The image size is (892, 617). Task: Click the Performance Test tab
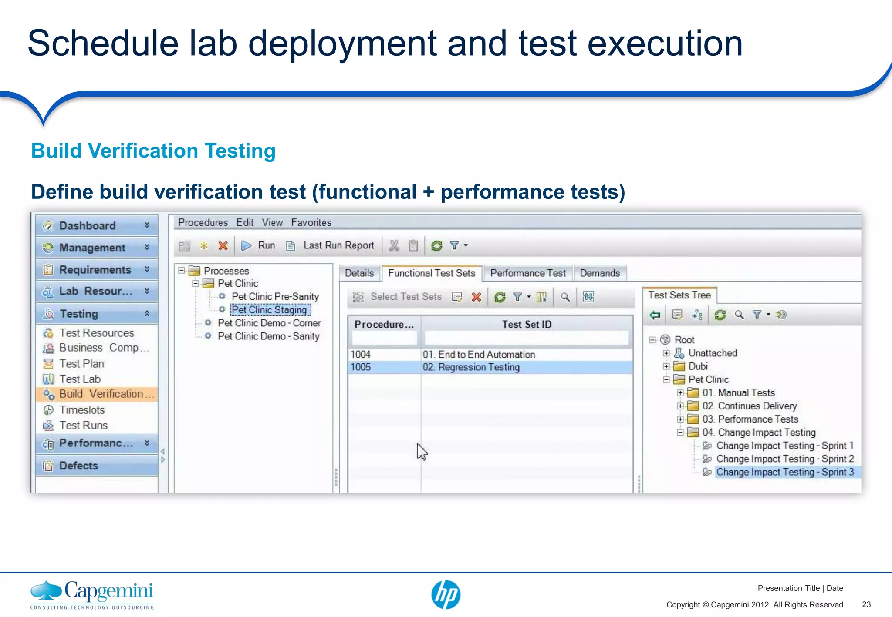coord(528,273)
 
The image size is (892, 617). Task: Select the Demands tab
coord(600,273)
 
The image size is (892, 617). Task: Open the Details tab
coord(359,273)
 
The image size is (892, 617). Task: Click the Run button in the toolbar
coord(259,245)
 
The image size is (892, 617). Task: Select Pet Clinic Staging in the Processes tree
coord(270,310)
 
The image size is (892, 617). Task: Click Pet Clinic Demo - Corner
coord(269,323)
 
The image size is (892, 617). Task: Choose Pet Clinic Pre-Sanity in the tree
coord(275,297)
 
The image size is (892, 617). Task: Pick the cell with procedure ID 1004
coord(361,355)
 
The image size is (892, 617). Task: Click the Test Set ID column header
coord(527,325)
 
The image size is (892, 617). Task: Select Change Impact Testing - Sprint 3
coord(785,472)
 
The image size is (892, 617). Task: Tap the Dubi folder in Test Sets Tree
coord(698,366)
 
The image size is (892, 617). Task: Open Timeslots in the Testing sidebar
coord(82,410)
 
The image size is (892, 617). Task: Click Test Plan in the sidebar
coord(81,364)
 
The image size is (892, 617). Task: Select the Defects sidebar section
coord(78,466)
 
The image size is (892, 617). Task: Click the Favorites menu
coord(311,223)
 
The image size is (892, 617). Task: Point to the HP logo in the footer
coord(446,594)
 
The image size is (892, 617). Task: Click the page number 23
coord(866,604)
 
